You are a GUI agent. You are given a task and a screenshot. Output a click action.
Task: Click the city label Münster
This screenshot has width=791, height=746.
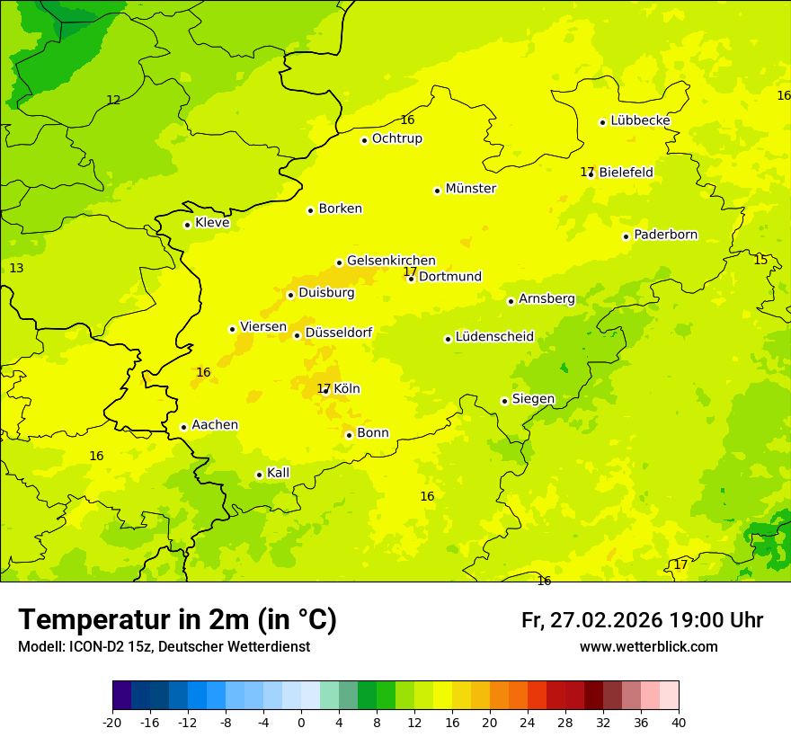click(470, 189)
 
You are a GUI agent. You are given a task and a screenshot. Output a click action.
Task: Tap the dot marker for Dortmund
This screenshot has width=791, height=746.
click(411, 279)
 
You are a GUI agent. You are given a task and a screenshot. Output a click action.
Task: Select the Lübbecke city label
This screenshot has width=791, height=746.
click(640, 120)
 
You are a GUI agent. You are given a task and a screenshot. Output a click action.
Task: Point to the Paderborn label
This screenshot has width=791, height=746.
click(665, 235)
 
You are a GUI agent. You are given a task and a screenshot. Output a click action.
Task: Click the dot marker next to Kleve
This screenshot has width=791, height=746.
click(187, 225)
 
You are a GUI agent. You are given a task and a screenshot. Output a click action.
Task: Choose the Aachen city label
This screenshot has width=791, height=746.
click(215, 425)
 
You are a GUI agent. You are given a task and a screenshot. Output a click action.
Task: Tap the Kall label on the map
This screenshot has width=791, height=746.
click(278, 473)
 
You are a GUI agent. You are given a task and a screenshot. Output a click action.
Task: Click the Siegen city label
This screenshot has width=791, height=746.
click(533, 399)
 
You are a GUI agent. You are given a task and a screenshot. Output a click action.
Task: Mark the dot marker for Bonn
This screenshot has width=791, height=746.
click(349, 435)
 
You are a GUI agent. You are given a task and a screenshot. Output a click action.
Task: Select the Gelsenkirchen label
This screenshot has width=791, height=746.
click(391, 261)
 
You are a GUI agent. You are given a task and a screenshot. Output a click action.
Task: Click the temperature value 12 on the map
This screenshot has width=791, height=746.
click(113, 100)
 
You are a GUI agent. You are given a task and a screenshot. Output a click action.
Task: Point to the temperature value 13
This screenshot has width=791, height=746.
click(16, 268)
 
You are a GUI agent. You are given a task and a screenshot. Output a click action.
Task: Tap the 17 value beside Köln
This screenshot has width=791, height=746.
click(324, 388)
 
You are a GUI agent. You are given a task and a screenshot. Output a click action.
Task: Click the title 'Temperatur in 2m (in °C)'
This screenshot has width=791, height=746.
click(177, 620)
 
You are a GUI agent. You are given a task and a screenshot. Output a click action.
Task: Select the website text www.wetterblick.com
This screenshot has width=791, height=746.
click(648, 646)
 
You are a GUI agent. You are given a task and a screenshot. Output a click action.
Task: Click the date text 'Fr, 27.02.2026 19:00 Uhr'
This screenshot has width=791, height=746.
click(642, 620)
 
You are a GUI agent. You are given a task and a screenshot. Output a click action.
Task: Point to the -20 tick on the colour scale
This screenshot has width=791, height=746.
click(112, 722)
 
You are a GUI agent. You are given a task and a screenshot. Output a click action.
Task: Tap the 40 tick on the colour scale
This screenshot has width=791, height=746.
click(678, 722)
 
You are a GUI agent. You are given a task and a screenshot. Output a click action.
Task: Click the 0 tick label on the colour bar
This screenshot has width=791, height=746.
click(301, 722)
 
